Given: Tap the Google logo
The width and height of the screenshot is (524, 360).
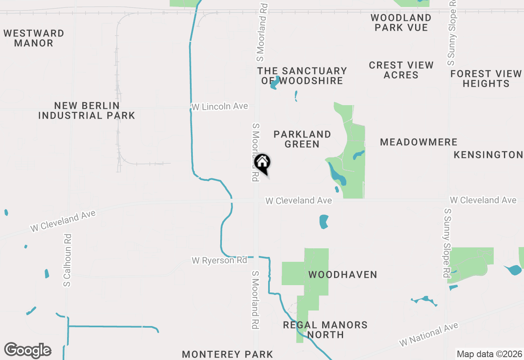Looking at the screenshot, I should [x=27, y=350].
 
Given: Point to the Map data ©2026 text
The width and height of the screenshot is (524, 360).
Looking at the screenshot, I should [x=489, y=354].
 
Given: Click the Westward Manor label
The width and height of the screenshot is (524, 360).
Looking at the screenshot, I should [x=34, y=38].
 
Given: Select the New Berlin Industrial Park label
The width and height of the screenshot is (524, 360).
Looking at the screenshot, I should [x=87, y=111].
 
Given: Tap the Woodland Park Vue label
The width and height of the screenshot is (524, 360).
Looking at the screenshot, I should [x=401, y=23].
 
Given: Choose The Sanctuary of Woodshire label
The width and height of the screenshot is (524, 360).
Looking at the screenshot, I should [x=302, y=76].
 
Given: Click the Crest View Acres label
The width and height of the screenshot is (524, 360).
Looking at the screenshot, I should [x=401, y=70].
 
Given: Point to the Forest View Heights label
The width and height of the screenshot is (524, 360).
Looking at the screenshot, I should [x=486, y=79].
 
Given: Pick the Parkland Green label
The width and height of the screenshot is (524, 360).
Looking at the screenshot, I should [x=302, y=139].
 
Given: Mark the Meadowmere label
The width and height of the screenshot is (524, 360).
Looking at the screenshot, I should [x=418, y=142].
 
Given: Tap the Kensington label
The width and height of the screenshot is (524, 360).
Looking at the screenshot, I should [x=488, y=155].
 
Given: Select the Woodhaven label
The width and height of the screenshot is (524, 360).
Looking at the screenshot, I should [x=342, y=274].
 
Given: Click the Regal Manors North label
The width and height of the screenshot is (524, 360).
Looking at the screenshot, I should [x=325, y=330].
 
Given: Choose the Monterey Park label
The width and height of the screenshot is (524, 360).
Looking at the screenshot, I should [x=227, y=354].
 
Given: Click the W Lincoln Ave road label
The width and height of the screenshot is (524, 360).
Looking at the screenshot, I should [x=220, y=106].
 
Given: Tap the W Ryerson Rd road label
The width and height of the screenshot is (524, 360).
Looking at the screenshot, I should [x=220, y=261].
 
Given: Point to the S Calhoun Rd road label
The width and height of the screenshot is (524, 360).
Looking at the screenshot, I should [x=68, y=260].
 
